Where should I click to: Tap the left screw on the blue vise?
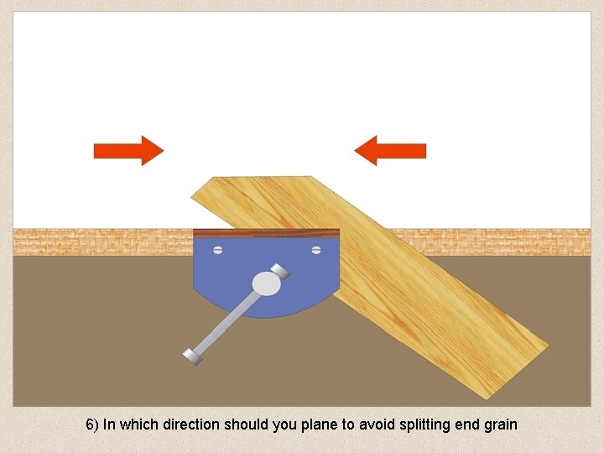click(x=217, y=249)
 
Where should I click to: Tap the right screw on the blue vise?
click(x=316, y=249)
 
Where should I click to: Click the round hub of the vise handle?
click(x=266, y=284)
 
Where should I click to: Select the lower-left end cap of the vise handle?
click(x=192, y=356)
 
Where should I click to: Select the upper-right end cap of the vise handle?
click(x=282, y=270)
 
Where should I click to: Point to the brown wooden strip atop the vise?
click(x=266, y=232)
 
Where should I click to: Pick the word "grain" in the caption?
click(x=500, y=424)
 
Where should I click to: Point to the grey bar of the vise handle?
click(x=226, y=322)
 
